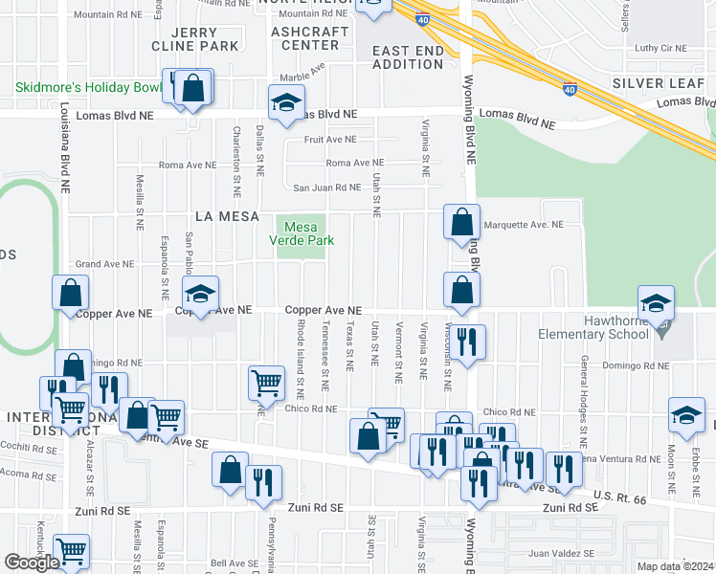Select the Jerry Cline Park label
pyautogui.click(x=194, y=38)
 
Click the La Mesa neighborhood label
pyautogui.click(x=227, y=217)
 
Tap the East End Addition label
pyautogui.click(x=407, y=56)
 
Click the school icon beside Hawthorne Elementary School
pyautogui.click(x=656, y=304)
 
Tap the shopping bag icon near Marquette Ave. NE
pyautogui.click(x=461, y=223)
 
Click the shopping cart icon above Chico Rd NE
pyautogui.click(x=267, y=384)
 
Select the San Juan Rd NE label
pyautogui.click(x=326, y=188)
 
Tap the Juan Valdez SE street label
pyautogui.click(x=561, y=553)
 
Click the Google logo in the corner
pyautogui.click(x=32, y=563)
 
